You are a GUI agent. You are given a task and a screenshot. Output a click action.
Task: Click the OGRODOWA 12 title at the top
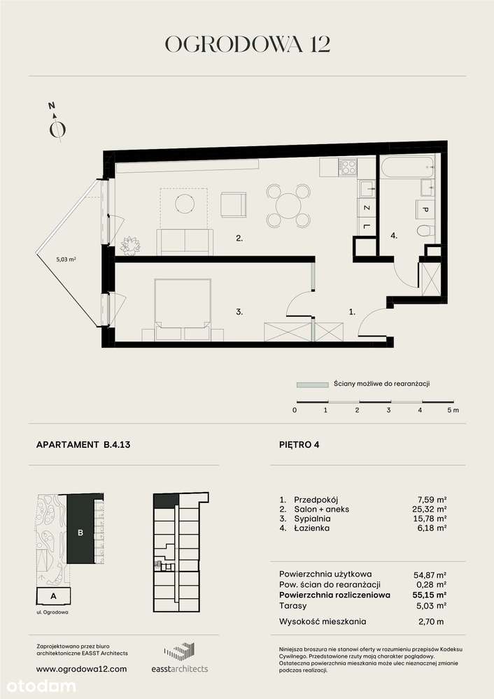coord(247,45)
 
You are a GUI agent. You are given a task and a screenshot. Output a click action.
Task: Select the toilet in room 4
coord(425,232)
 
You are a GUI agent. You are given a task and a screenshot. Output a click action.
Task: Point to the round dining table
coord(288,205)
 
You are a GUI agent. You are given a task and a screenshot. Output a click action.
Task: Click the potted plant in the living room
coord(131,245)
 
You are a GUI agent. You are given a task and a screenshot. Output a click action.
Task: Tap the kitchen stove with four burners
coord(348,167)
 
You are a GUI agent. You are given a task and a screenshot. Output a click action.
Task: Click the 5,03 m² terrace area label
coord(66,259)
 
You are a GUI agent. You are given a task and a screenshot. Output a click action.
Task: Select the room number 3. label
coord(239,313)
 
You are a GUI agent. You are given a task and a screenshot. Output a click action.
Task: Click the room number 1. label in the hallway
coord(352,313)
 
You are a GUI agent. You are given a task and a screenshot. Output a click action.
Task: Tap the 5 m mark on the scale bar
coord(453,410)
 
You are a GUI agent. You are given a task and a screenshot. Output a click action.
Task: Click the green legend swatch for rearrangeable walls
coord(312,384)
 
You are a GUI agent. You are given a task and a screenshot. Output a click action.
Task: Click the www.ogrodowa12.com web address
coord(81,669)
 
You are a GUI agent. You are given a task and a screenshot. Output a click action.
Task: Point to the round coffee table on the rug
coord(185,204)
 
